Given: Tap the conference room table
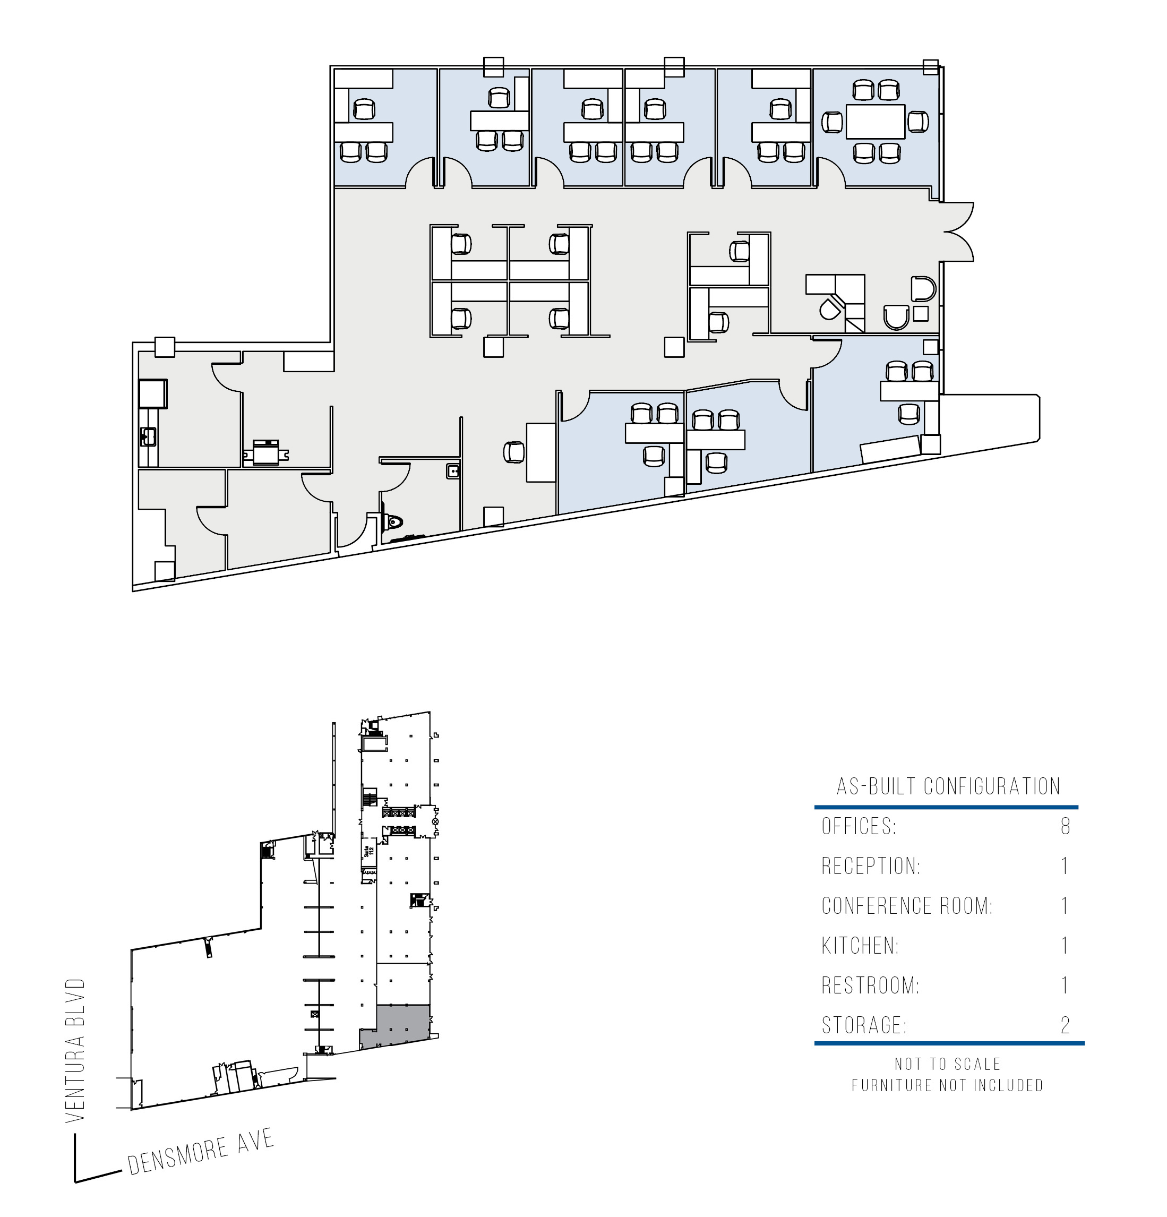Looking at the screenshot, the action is [x=875, y=122].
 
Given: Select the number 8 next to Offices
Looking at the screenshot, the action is [x=1065, y=826].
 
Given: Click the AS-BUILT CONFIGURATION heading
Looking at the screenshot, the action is [x=948, y=786].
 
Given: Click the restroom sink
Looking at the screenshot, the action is [x=453, y=472].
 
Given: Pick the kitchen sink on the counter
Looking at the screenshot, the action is [x=148, y=436].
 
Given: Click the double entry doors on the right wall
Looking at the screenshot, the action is [x=958, y=232].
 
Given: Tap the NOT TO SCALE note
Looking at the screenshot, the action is [x=948, y=1064].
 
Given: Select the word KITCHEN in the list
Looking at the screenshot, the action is [x=860, y=946].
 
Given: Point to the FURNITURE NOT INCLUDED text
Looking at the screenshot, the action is [x=948, y=1085].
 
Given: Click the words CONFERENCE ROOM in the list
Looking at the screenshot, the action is [x=907, y=906].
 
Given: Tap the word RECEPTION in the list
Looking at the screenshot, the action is [x=871, y=865].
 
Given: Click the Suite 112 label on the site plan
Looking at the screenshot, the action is [x=368, y=850].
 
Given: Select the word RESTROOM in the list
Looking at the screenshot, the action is [x=870, y=985].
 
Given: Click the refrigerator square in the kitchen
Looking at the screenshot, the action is [x=153, y=393].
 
